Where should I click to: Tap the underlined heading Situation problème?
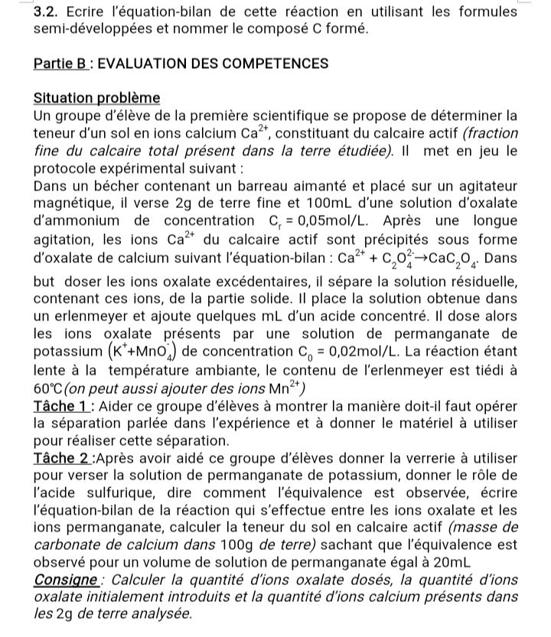tap(97, 99)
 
